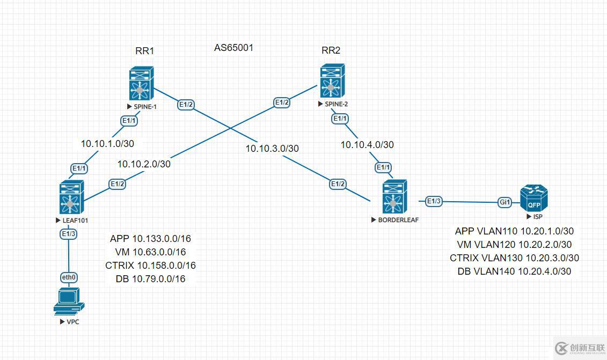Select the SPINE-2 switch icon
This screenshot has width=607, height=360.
(x=332, y=81)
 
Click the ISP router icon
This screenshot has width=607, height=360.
(x=534, y=198)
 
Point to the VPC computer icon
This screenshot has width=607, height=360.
(x=69, y=302)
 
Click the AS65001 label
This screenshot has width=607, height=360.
(x=234, y=48)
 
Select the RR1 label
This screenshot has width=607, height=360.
(x=145, y=51)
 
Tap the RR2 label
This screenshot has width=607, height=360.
(x=331, y=51)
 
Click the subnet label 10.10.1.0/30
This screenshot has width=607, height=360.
(x=107, y=144)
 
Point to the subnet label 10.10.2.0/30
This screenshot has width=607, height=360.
(x=144, y=164)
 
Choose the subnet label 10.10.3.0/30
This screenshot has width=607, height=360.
(x=272, y=149)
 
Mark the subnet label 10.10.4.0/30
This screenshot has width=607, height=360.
(x=367, y=145)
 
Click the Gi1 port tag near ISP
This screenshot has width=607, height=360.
(x=505, y=202)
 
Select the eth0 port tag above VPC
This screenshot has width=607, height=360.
(x=69, y=277)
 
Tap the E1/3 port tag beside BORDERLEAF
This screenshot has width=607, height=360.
(x=433, y=201)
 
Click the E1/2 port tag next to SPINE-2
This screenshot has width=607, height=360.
(x=282, y=102)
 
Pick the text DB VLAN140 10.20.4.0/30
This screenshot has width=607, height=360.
(x=514, y=271)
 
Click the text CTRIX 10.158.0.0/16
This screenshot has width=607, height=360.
(x=150, y=266)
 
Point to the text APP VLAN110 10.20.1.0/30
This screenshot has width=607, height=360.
(x=514, y=231)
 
